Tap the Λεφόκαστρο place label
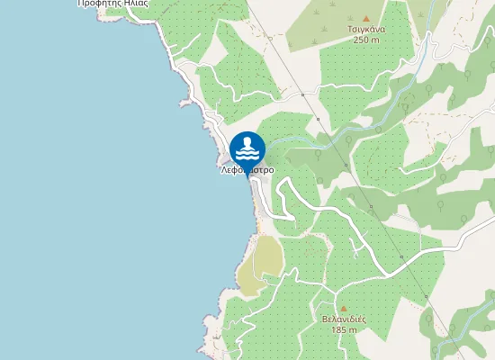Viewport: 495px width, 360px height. click(x=247, y=169)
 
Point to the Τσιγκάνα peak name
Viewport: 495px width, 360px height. click(x=366, y=29)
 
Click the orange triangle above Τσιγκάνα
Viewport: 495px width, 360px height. click(x=366, y=18)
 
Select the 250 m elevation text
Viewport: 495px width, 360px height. click(x=366, y=40)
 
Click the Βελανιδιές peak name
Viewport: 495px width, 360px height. click(x=343, y=319)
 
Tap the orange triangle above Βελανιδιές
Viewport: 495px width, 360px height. click(x=343, y=309)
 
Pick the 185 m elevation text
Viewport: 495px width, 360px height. click(x=343, y=330)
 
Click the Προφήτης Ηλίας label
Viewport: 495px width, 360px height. click(x=112, y=4)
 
